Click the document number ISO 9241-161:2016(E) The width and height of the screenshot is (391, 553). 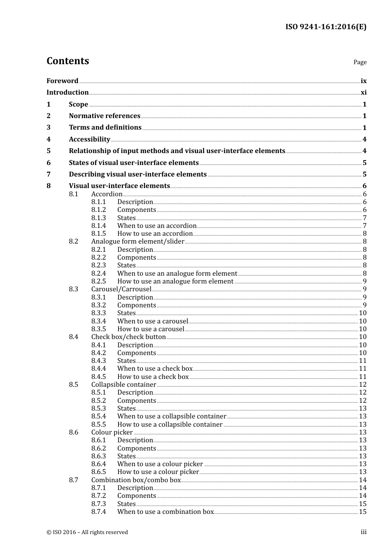(x=326, y=27)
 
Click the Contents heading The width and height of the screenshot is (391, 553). (x=67, y=61)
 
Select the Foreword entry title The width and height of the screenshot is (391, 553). (x=62, y=81)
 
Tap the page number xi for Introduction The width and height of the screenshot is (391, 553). (x=363, y=93)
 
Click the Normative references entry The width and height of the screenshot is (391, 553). (x=105, y=116)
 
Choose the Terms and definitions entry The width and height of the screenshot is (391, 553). (x=105, y=128)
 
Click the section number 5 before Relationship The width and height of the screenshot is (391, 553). (x=49, y=151)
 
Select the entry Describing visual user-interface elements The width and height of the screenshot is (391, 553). (x=137, y=174)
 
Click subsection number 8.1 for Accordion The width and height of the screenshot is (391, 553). (x=73, y=194)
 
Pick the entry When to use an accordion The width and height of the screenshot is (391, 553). (x=157, y=226)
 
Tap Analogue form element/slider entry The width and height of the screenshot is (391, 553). (x=137, y=242)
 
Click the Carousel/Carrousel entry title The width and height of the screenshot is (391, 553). (x=121, y=289)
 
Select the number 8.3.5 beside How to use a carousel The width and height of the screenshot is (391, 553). (x=98, y=329)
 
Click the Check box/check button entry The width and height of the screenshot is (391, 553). (x=128, y=337)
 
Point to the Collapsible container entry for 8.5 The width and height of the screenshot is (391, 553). (x=123, y=385)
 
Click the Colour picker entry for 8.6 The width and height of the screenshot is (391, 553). (x=112, y=432)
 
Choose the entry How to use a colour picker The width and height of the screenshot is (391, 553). (x=158, y=472)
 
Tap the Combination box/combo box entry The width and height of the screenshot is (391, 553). (x=136, y=480)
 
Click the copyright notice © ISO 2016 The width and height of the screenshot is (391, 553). (x=87, y=532)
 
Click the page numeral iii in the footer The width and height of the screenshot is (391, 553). (x=363, y=532)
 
